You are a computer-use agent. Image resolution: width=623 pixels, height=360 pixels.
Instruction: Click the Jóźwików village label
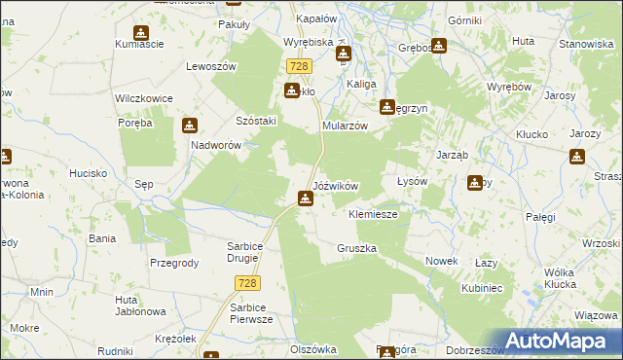(336, 185)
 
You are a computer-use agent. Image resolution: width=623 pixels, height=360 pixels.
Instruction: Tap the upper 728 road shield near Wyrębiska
(299, 66)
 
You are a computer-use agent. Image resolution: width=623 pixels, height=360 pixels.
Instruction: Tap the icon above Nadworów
(190, 126)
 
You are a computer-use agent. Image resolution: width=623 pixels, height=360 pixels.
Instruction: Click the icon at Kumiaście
(142, 34)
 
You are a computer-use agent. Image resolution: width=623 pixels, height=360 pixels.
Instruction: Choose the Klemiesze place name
(373, 214)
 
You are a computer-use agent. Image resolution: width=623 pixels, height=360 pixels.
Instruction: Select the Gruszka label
(356, 248)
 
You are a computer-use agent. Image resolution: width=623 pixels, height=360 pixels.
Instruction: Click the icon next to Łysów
(474, 182)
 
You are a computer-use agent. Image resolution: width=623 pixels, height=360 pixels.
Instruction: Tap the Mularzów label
(345, 126)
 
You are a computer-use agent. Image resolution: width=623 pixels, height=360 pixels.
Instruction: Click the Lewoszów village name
(212, 66)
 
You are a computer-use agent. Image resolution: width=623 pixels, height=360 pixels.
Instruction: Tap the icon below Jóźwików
(306, 199)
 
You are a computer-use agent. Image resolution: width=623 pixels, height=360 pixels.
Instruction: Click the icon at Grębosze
(439, 45)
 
